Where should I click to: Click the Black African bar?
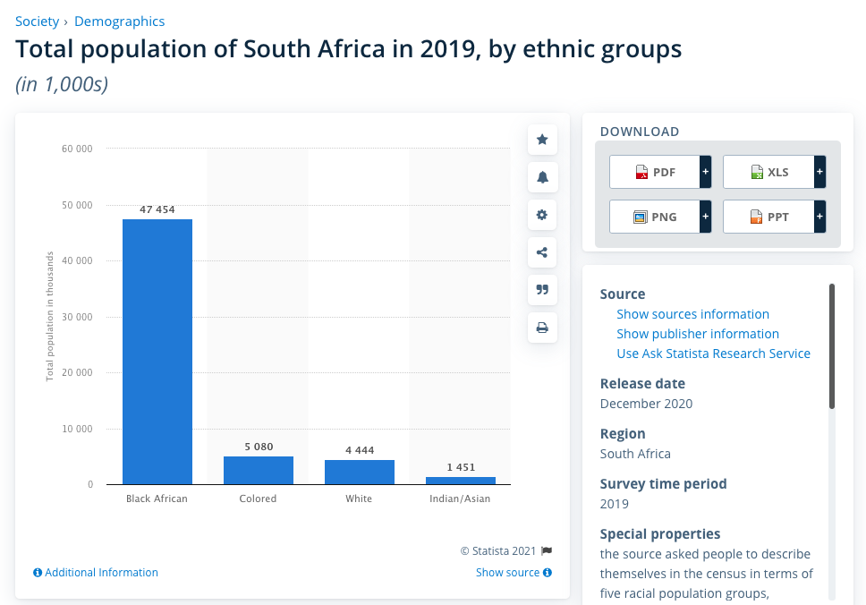(157, 352)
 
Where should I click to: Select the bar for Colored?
(259, 471)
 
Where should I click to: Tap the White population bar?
(360, 473)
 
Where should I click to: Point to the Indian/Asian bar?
(461, 481)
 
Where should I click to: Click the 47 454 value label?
(157, 210)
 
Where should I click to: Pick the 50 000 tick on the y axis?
(78, 205)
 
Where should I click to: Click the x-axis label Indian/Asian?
(460, 498)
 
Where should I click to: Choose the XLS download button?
(769, 172)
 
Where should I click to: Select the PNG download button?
(656, 217)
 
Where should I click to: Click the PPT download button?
(769, 217)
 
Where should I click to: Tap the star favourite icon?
(542, 140)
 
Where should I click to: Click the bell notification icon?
(542, 177)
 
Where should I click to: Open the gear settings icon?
(542, 215)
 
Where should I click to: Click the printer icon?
(542, 328)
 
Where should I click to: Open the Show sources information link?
(692, 314)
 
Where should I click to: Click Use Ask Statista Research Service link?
(713, 354)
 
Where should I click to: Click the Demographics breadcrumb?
(120, 21)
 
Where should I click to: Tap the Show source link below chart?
(507, 573)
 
